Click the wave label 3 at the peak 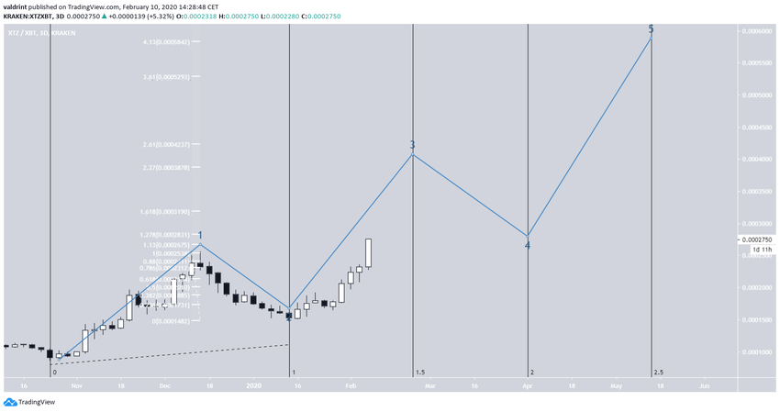coord(412,145)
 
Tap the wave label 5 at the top coord(651,29)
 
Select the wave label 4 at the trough coord(527,245)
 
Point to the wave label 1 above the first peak coord(200,236)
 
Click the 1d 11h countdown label coord(761,250)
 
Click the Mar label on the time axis coord(429,386)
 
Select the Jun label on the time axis coord(704,386)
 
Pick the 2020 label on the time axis coord(255,386)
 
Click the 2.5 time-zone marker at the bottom coord(659,373)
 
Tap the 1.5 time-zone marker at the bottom coord(420,373)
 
